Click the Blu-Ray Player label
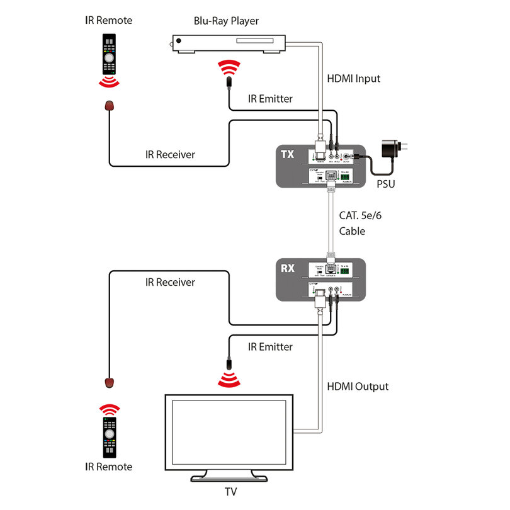tap(225, 21)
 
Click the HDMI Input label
tap(353, 79)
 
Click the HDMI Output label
tap(357, 386)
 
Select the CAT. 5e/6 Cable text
tap(360, 223)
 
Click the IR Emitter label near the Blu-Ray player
tap(270, 99)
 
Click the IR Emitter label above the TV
tap(270, 347)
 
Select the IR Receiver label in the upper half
tap(169, 154)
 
